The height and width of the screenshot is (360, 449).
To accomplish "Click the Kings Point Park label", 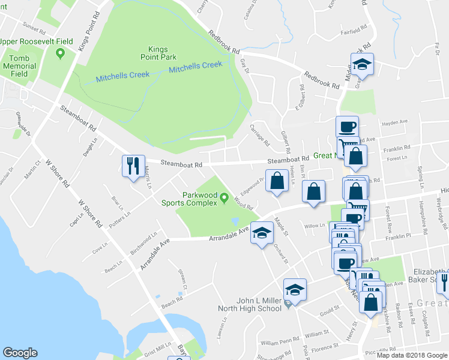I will point(159,53).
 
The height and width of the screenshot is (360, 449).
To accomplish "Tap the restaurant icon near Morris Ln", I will point(133,165).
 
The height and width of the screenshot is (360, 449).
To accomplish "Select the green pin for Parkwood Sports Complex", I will point(224,197).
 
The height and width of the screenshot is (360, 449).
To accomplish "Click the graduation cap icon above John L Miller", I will point(295,289).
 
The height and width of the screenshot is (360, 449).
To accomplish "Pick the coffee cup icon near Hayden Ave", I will point(347,127).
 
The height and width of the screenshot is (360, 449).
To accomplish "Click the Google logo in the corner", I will point(20,352).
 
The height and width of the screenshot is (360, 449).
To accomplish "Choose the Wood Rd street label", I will point(243,203).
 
